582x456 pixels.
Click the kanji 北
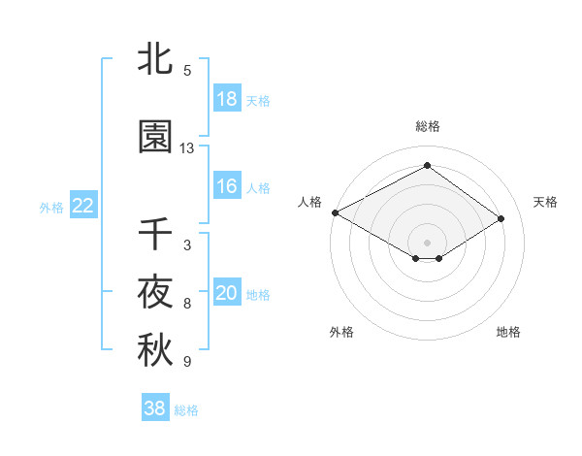click(x=155, y=60)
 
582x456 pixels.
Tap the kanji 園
click(x=155, y=137)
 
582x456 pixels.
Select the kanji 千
click(x=155, y=235)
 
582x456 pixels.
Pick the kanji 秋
click(x=155, y=351)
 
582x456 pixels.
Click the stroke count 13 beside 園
click(x=187, y=148)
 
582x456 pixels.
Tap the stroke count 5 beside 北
click(x=187, y=71)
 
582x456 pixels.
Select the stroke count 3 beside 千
click(x=187, y=245)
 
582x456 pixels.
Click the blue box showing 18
click(x=227, y=99)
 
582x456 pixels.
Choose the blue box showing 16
click(x=227, y=186)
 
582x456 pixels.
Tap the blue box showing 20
click(x=227, y=293)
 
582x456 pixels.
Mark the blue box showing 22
click(x=83, y=206)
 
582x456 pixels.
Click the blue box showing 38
click(x=155, y=408)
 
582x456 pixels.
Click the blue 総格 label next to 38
click(x=187, y=410)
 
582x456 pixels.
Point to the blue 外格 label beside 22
click(x=51, y=207)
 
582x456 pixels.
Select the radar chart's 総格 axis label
click(x=427, y=126)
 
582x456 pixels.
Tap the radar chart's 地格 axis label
click(x=508, y=332)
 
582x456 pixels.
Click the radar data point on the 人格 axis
click(x=335, y=212)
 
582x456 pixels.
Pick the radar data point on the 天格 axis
click(x=501, y=219)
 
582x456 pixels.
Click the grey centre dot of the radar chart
click(x=427, y=241)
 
